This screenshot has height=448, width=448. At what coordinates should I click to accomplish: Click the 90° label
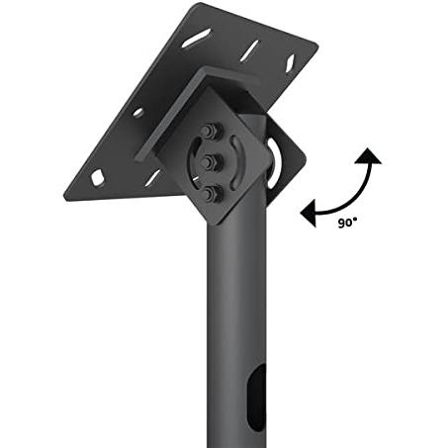click(347, 223)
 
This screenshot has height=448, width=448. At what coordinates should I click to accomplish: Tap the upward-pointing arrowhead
click(368, 156)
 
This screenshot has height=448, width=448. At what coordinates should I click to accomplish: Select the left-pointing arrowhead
click(309, 213)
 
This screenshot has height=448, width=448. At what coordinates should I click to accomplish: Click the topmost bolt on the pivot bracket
click(209, 131)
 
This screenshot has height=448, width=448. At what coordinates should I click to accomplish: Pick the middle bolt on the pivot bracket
click(209, 161)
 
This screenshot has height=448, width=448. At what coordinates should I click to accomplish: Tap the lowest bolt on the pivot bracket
click(209, 193)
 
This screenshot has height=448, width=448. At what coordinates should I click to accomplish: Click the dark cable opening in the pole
click(256, 399)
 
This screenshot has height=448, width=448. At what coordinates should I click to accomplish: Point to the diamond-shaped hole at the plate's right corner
click(291, 62)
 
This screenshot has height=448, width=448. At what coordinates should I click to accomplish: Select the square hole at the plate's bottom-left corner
click(98, 177)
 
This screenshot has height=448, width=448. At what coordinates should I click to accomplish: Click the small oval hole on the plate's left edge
click(138, 113)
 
